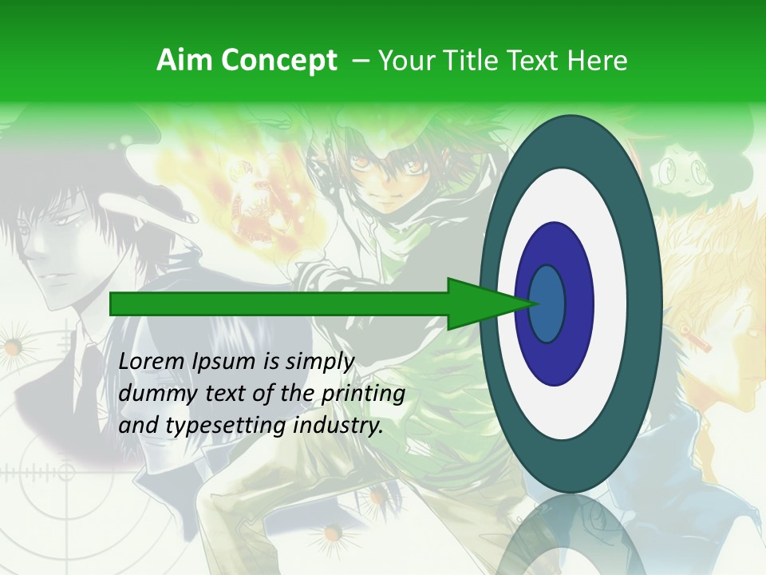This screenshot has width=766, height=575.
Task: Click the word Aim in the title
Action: [185, 61]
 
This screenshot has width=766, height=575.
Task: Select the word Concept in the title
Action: [278, 61]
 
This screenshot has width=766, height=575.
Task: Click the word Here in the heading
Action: [596, 61]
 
